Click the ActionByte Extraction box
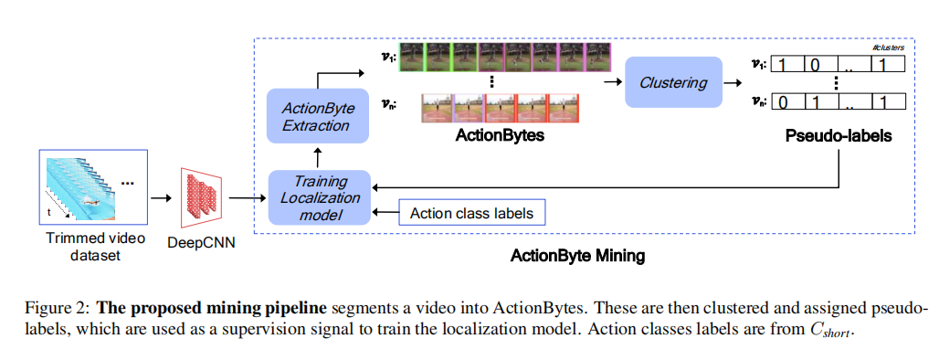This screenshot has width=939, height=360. (x=318, y=116)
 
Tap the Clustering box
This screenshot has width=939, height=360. (x=673, y=82)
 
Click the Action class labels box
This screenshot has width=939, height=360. (x=471, y=214)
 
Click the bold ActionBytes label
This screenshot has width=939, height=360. (x=500, y=135)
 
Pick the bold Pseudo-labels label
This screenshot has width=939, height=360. (x=839, y=135)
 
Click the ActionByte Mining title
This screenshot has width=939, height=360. (x=577, y=256)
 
